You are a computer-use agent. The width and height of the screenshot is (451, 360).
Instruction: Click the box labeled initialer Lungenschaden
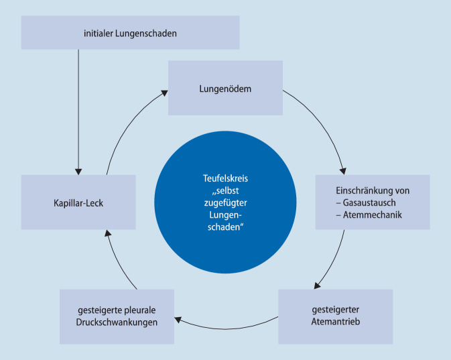[130, 32]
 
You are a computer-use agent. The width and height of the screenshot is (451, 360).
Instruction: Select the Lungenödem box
[225, 87]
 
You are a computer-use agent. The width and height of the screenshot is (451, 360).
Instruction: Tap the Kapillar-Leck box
[78, 202]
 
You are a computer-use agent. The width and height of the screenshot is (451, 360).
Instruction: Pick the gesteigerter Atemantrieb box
[334, 316]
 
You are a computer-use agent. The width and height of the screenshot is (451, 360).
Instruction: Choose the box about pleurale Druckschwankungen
[117, 316]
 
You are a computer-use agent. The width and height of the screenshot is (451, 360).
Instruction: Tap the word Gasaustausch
[367, 202]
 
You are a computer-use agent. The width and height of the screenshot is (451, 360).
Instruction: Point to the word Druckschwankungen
[117, 322]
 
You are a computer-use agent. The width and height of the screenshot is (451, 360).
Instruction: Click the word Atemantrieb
[334, 322]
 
